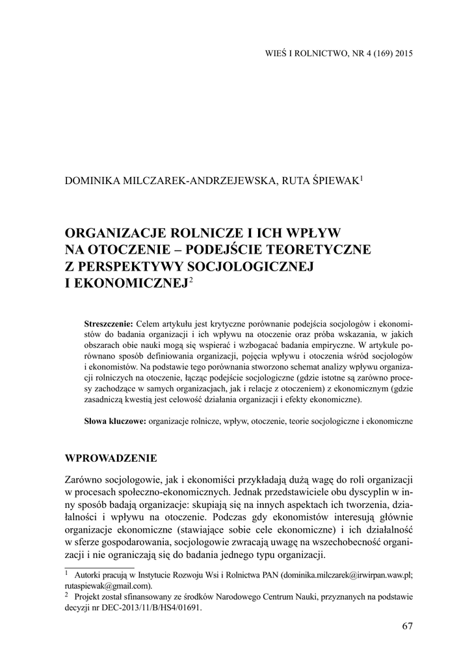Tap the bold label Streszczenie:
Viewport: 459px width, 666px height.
click(109, 324)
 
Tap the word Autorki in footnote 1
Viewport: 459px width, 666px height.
click(88, 575)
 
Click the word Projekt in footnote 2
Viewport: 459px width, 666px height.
click(88, 596)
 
